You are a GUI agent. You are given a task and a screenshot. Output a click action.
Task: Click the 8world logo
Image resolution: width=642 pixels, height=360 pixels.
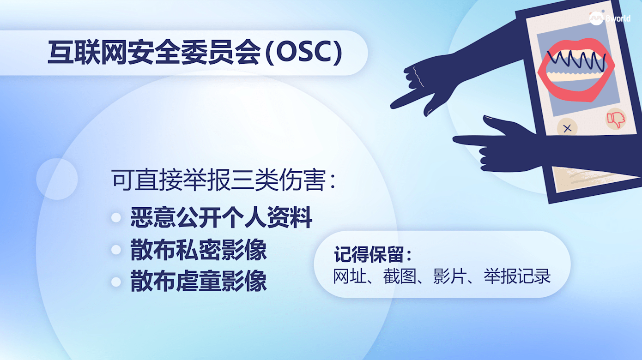click(610, 18)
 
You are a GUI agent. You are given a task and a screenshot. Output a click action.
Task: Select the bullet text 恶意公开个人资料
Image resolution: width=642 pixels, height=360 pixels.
click(221, 217)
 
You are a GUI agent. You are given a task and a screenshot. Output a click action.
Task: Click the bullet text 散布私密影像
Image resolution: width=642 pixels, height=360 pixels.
click(199, 250)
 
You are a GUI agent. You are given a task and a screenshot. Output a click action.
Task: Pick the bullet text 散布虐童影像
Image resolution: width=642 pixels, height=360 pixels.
click(199, 281)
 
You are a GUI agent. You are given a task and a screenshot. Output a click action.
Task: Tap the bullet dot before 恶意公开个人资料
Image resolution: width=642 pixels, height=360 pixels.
click(116, 218)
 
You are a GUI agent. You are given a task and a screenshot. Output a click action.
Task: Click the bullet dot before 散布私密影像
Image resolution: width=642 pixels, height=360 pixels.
click(116, 250)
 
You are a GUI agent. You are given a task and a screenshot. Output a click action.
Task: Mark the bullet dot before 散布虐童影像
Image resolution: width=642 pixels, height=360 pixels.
click(116, 282)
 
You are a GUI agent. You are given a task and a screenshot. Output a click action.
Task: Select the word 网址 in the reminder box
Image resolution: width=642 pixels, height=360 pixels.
click(350, 276)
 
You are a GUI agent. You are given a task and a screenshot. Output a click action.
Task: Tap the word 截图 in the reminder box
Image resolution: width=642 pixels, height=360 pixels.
click(400, 276)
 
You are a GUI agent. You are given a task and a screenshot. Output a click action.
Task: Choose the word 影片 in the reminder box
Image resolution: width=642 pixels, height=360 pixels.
click(449, 276)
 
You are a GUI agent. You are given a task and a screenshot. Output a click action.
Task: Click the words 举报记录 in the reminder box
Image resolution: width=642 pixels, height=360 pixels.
click(517, 276)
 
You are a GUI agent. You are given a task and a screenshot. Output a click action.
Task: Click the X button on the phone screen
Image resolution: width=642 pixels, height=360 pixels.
click(567, 128)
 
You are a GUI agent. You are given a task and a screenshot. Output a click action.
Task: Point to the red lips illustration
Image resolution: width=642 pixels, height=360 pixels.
click(576, 70)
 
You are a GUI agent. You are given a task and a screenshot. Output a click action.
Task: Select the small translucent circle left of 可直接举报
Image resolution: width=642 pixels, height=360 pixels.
click(57, 179)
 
